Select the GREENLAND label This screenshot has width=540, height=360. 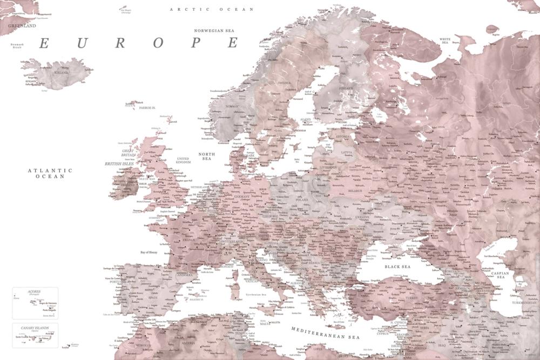pyautogui.click(x=22, y=25)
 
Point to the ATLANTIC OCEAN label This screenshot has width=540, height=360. pyautogui.click(x=50, y=173)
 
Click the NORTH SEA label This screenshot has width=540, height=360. pyautogui.click(x=206, y=157)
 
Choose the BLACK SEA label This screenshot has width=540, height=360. pyautogui.click(x=397, y=267)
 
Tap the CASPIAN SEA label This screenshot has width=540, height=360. pyautogui.click(x=501, y=275)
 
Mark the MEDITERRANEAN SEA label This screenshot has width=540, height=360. pyautogui.click(x=325, y=332)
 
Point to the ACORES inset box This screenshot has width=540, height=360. pyautogui.click(x=35, y=303)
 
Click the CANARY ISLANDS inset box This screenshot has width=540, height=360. pyautogui.click(x=35, y=335)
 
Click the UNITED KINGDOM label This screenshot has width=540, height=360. pyautogui.click(x=184, y=160)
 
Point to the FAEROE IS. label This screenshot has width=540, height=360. pyautogui.click(x=146, y=108)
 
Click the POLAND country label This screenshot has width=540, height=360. pyautogui.click(x=301, y=200)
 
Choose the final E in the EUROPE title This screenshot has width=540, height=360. pyautogui.click(x=233, y=43)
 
